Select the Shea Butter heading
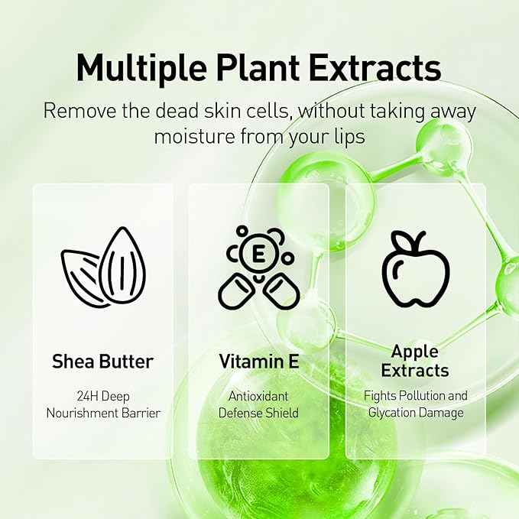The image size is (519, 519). [103, 361]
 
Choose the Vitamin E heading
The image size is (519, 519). [259, 361]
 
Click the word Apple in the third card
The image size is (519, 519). [415, 352]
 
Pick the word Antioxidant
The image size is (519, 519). [259, 397]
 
